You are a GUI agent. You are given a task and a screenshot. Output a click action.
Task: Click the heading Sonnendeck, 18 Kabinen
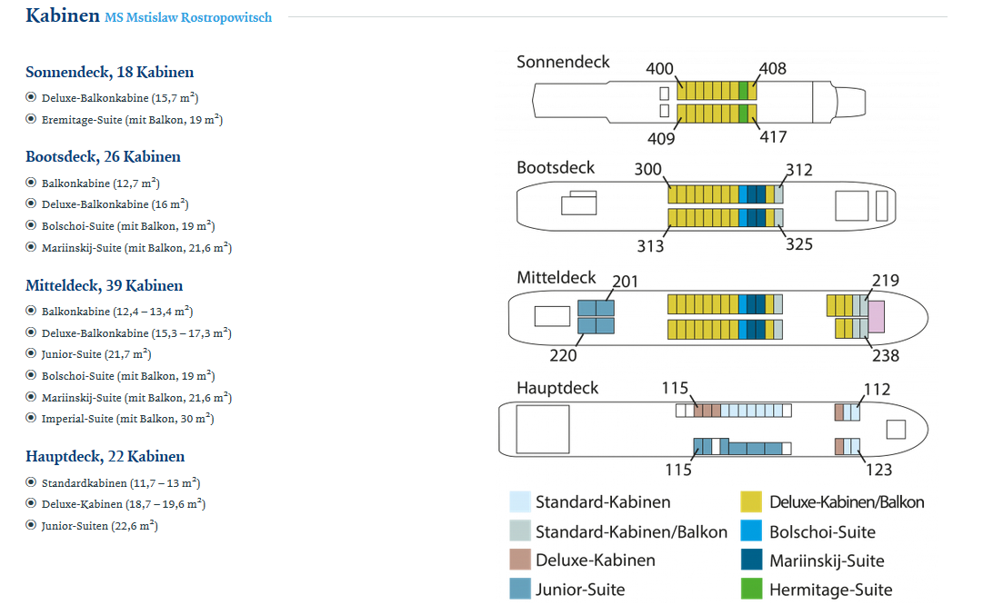[x=110, y=72]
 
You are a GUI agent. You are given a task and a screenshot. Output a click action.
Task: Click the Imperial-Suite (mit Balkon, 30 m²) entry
[x=128, y=419]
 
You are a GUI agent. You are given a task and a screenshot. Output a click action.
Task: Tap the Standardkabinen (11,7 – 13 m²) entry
[x=121, y=483]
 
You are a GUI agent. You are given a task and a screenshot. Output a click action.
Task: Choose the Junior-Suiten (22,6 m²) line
[x=100, y=525]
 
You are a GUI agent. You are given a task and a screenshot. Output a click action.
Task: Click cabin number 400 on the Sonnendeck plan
[x=659, y=68]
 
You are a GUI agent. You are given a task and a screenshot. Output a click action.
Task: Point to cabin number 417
[x=773, y=136]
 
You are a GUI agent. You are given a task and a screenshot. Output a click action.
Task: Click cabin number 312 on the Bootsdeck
[x=799, y=170]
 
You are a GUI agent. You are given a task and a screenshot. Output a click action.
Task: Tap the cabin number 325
[x=799, y=243]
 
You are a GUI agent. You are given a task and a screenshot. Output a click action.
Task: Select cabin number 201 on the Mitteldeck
[x=625, y=282]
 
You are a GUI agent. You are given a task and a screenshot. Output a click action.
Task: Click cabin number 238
[x=886, y=356]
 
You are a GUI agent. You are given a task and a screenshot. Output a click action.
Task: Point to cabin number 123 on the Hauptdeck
[x=879, y=470]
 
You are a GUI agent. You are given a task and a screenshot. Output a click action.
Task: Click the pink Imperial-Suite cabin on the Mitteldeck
[x=877, y=317]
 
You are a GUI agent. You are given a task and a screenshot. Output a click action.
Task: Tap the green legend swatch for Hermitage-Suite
[x=751, y=589]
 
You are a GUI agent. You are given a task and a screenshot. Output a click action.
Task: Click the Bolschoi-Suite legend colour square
[x=751, y=531]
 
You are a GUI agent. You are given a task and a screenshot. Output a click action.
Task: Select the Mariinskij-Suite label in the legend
[x=827, y=561]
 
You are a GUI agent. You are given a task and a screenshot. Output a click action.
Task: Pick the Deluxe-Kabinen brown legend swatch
[x=520, y=560]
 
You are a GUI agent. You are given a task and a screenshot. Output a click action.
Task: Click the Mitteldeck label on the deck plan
[x=557, y=277]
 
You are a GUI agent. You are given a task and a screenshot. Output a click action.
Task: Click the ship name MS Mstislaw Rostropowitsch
[x=188, y=17]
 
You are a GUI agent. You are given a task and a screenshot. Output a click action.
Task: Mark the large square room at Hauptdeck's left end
[x=543, y=429]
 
